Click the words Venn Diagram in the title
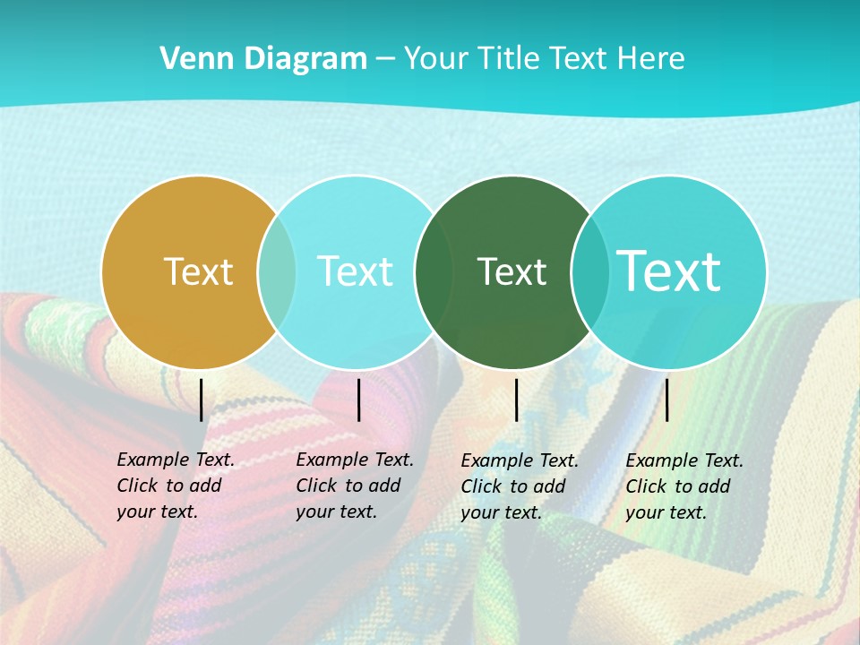[263, 59]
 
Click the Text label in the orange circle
[198, 271]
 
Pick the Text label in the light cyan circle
[356, 271]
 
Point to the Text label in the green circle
[512, 271]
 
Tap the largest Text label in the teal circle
[669, 271]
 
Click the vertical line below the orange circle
[202, 400]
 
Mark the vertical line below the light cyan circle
[358, 400]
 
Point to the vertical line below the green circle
[517, 400]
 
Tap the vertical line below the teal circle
[666, 400]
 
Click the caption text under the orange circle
[175, 486]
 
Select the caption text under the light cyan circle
[354, 486]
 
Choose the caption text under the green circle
[519, 486]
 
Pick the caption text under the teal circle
[684, 486]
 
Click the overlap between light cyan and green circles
[434, 271]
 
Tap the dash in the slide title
[385, 59]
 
